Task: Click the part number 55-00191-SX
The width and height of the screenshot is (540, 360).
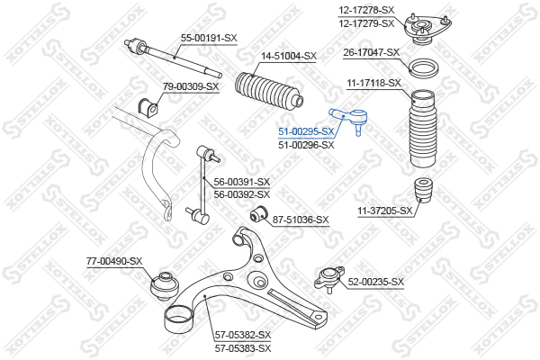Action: pos(209,38)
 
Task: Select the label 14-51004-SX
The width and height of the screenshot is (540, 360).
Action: pos(289,56)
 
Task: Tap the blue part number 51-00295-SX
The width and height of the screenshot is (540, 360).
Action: pos(306,131)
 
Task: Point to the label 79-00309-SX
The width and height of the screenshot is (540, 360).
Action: pos(191,86)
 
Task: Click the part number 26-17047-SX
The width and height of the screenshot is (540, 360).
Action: pos(371,52)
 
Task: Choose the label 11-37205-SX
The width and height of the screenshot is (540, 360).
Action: pos(385,211)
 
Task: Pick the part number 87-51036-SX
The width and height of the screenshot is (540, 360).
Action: pos(301,220)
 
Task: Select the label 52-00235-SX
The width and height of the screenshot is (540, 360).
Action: pos(375,282)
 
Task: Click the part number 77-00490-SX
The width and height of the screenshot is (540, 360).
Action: pos(114,262)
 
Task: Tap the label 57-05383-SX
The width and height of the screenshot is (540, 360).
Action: pos(243,348)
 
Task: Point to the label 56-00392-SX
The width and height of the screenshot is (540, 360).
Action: pos(242,194)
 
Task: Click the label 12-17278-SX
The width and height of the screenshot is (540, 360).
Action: pos(366,10)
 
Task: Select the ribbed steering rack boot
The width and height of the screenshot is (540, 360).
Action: pos(268,92)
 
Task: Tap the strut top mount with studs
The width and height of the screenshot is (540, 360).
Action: pos(427,30)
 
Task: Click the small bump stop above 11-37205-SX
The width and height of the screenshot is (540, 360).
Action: pos(423,191)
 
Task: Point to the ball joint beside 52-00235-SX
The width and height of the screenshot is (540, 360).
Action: pos(329,278)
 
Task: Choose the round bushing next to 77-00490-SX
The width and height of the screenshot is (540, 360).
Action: pos(166,286)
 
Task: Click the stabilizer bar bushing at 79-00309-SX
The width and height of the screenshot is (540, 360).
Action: pos(148,107)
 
